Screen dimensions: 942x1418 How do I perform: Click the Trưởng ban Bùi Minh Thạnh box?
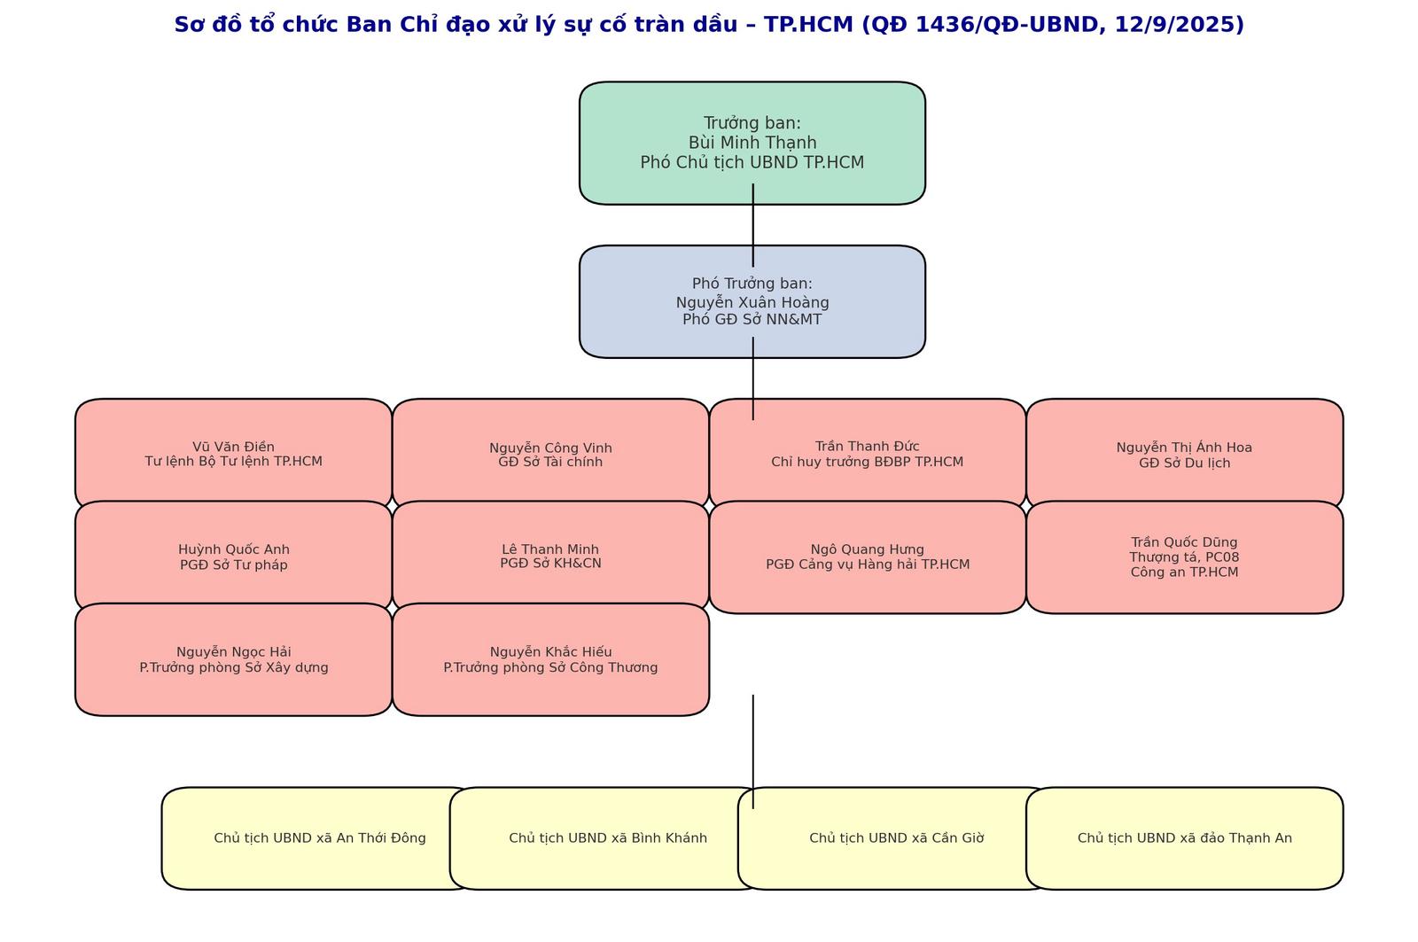[x=752, y=143]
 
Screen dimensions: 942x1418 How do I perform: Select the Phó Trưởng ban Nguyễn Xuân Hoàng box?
[x=752, y=301]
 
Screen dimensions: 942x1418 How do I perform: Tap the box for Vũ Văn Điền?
[x=233, y=455]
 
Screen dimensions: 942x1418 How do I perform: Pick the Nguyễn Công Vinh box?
[x=550, y=455]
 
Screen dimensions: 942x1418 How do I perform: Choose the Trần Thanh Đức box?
[x=867, y=455]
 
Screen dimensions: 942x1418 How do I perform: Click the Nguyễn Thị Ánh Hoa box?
[x=1184, y=455]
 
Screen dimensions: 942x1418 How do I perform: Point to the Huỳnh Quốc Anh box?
[x=233, y=557]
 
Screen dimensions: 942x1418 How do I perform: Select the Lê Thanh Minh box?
[x=550, y=557]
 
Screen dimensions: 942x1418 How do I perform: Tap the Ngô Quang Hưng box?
[x=867, y=557]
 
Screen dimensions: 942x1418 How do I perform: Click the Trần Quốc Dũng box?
[x=1184, y=557]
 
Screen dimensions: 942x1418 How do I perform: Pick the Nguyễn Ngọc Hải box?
[x=233, y=659]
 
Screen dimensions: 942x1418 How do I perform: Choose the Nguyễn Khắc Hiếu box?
[x=550, y=659]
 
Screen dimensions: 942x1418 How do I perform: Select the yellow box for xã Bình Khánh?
[x=607, y=838]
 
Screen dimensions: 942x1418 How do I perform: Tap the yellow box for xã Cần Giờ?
[x=895, y=838]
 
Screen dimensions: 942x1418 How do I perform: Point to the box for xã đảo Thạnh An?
[x=1184, y=838]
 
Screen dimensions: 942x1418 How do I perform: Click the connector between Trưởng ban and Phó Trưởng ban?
[x=753, y=225]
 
